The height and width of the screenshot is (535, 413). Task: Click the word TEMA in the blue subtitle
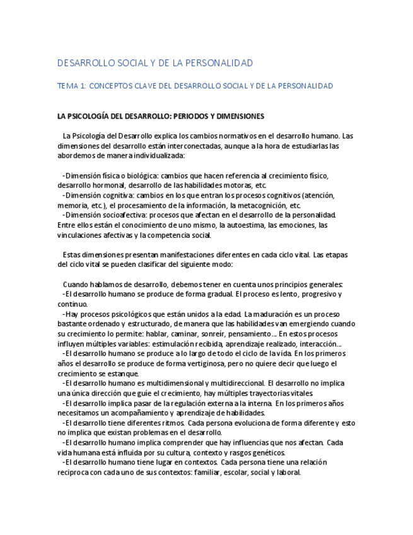67,85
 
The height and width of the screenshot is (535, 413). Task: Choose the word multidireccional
235,382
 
